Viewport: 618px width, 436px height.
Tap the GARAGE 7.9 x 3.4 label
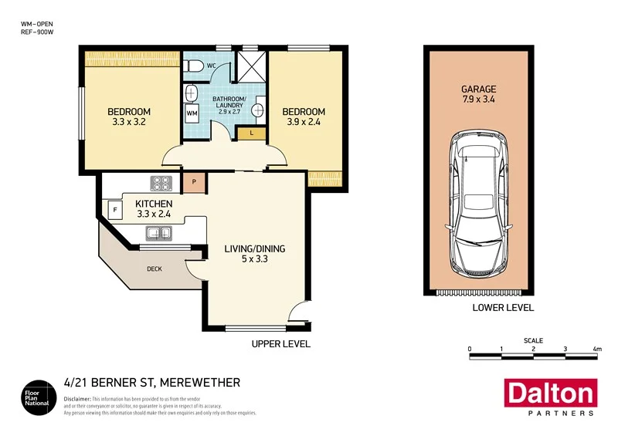coord(479,93)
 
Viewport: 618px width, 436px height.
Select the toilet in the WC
coord(193,66)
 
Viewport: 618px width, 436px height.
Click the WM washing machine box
coord(192,113)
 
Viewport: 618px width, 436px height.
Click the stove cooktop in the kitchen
coord(162,184)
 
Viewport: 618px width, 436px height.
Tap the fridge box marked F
coord(114,209)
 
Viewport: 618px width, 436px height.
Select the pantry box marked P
coord(194,184)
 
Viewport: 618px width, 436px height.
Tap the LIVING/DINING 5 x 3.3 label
coord(255,254)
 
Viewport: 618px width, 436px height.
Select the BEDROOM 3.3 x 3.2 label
coord(129,117)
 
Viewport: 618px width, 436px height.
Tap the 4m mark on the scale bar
coord(597,350)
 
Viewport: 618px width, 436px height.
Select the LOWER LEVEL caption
coord(503,308)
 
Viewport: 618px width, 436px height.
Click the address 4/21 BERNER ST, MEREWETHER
coord(151,383)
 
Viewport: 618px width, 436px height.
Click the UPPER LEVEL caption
coord(281,344)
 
